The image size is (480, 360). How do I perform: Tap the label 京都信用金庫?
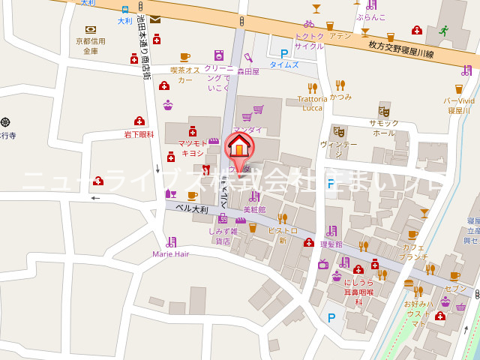[x=91, y=46]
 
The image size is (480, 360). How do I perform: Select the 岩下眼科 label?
[x=139, y=134]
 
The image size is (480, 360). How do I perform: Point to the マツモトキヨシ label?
[x=191, y=148]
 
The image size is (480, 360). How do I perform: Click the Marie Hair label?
[x=171, y=253]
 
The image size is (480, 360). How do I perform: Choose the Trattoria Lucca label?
[x=313, y=103]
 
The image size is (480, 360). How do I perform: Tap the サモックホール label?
[x=383, y=127]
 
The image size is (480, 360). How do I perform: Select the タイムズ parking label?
[x=284, y=65]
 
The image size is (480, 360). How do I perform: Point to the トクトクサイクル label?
[x=309, y=40]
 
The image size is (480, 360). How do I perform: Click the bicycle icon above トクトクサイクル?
[x=309, y=23]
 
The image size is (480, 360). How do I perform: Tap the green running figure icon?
[x=444, y=31]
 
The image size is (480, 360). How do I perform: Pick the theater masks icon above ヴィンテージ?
[x=338, y=130]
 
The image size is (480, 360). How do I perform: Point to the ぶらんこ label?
[x=371, y=16]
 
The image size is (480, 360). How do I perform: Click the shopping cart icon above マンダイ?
[x=258, y=109]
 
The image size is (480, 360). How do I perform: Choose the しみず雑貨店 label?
[x=223, y=236]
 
